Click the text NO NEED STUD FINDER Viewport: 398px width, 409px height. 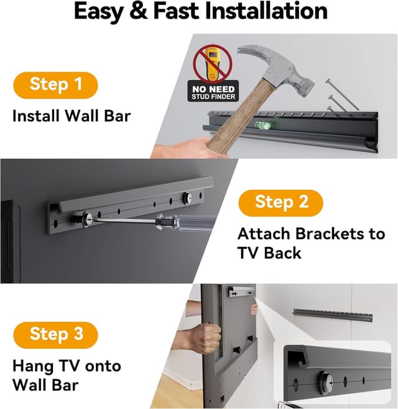pyautogui.click(x=212, y=93)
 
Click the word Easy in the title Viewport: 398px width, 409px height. pyautogui.click(x=101, y=12)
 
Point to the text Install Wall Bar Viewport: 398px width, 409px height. pyautogui.click(x=72, y=115)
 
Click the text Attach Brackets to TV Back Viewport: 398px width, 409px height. pyautogui.click(x=311, y=243)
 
